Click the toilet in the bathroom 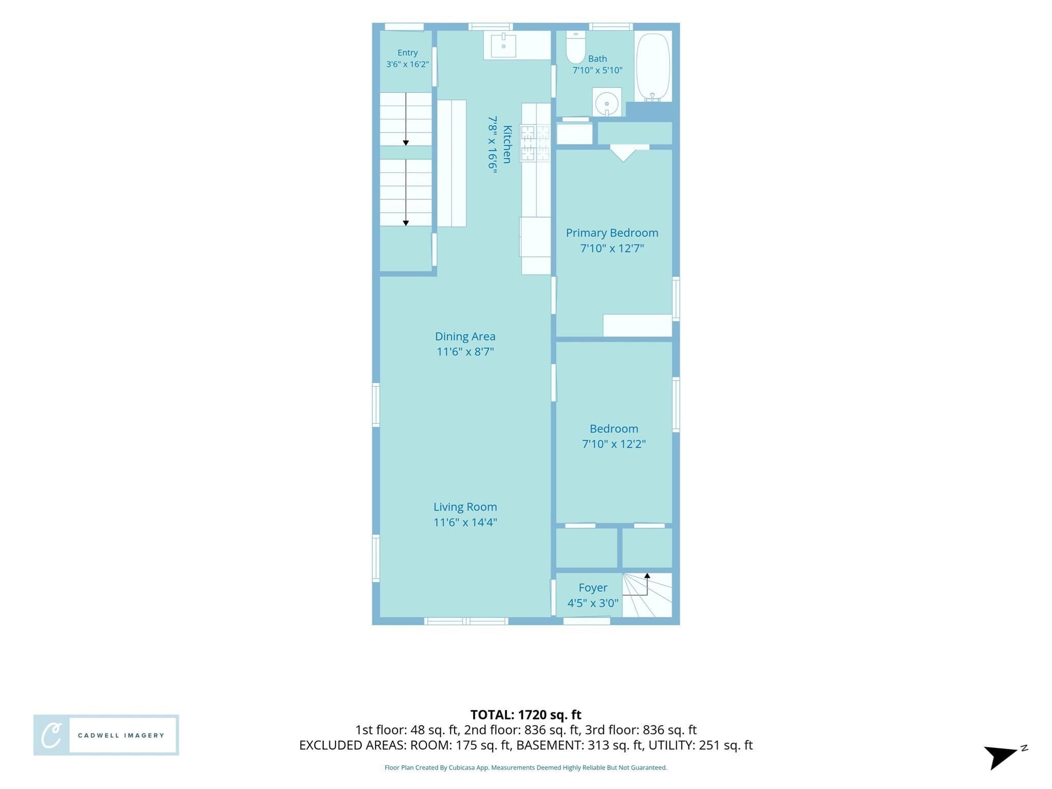(575, 47)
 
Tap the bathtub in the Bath (653, 67)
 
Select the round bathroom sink (607, 102)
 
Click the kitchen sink (503, 46)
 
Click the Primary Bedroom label (612, 233)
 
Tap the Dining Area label (465, 336)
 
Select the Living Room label (465, 507)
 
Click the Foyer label (593, 588)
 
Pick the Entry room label (407, 53)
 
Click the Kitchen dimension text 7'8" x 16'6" (493, 144)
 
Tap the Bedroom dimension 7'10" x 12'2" (614, 444)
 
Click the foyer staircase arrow (641, 585)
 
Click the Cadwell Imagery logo (106, 735)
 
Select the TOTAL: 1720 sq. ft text (526, 715)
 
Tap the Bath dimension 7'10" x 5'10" (597, 70)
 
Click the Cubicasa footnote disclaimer (526, 767)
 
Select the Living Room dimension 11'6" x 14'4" (465, 522)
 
